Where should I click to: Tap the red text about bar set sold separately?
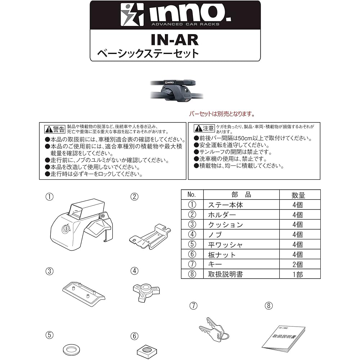[222, 114]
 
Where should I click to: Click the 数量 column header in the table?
[298, 195]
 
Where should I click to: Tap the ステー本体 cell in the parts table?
[225, 205]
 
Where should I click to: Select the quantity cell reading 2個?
[298, 264]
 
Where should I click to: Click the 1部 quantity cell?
[298, 274]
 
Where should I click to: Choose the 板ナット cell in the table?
[222, 255]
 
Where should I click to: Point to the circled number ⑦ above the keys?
[193, 306]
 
